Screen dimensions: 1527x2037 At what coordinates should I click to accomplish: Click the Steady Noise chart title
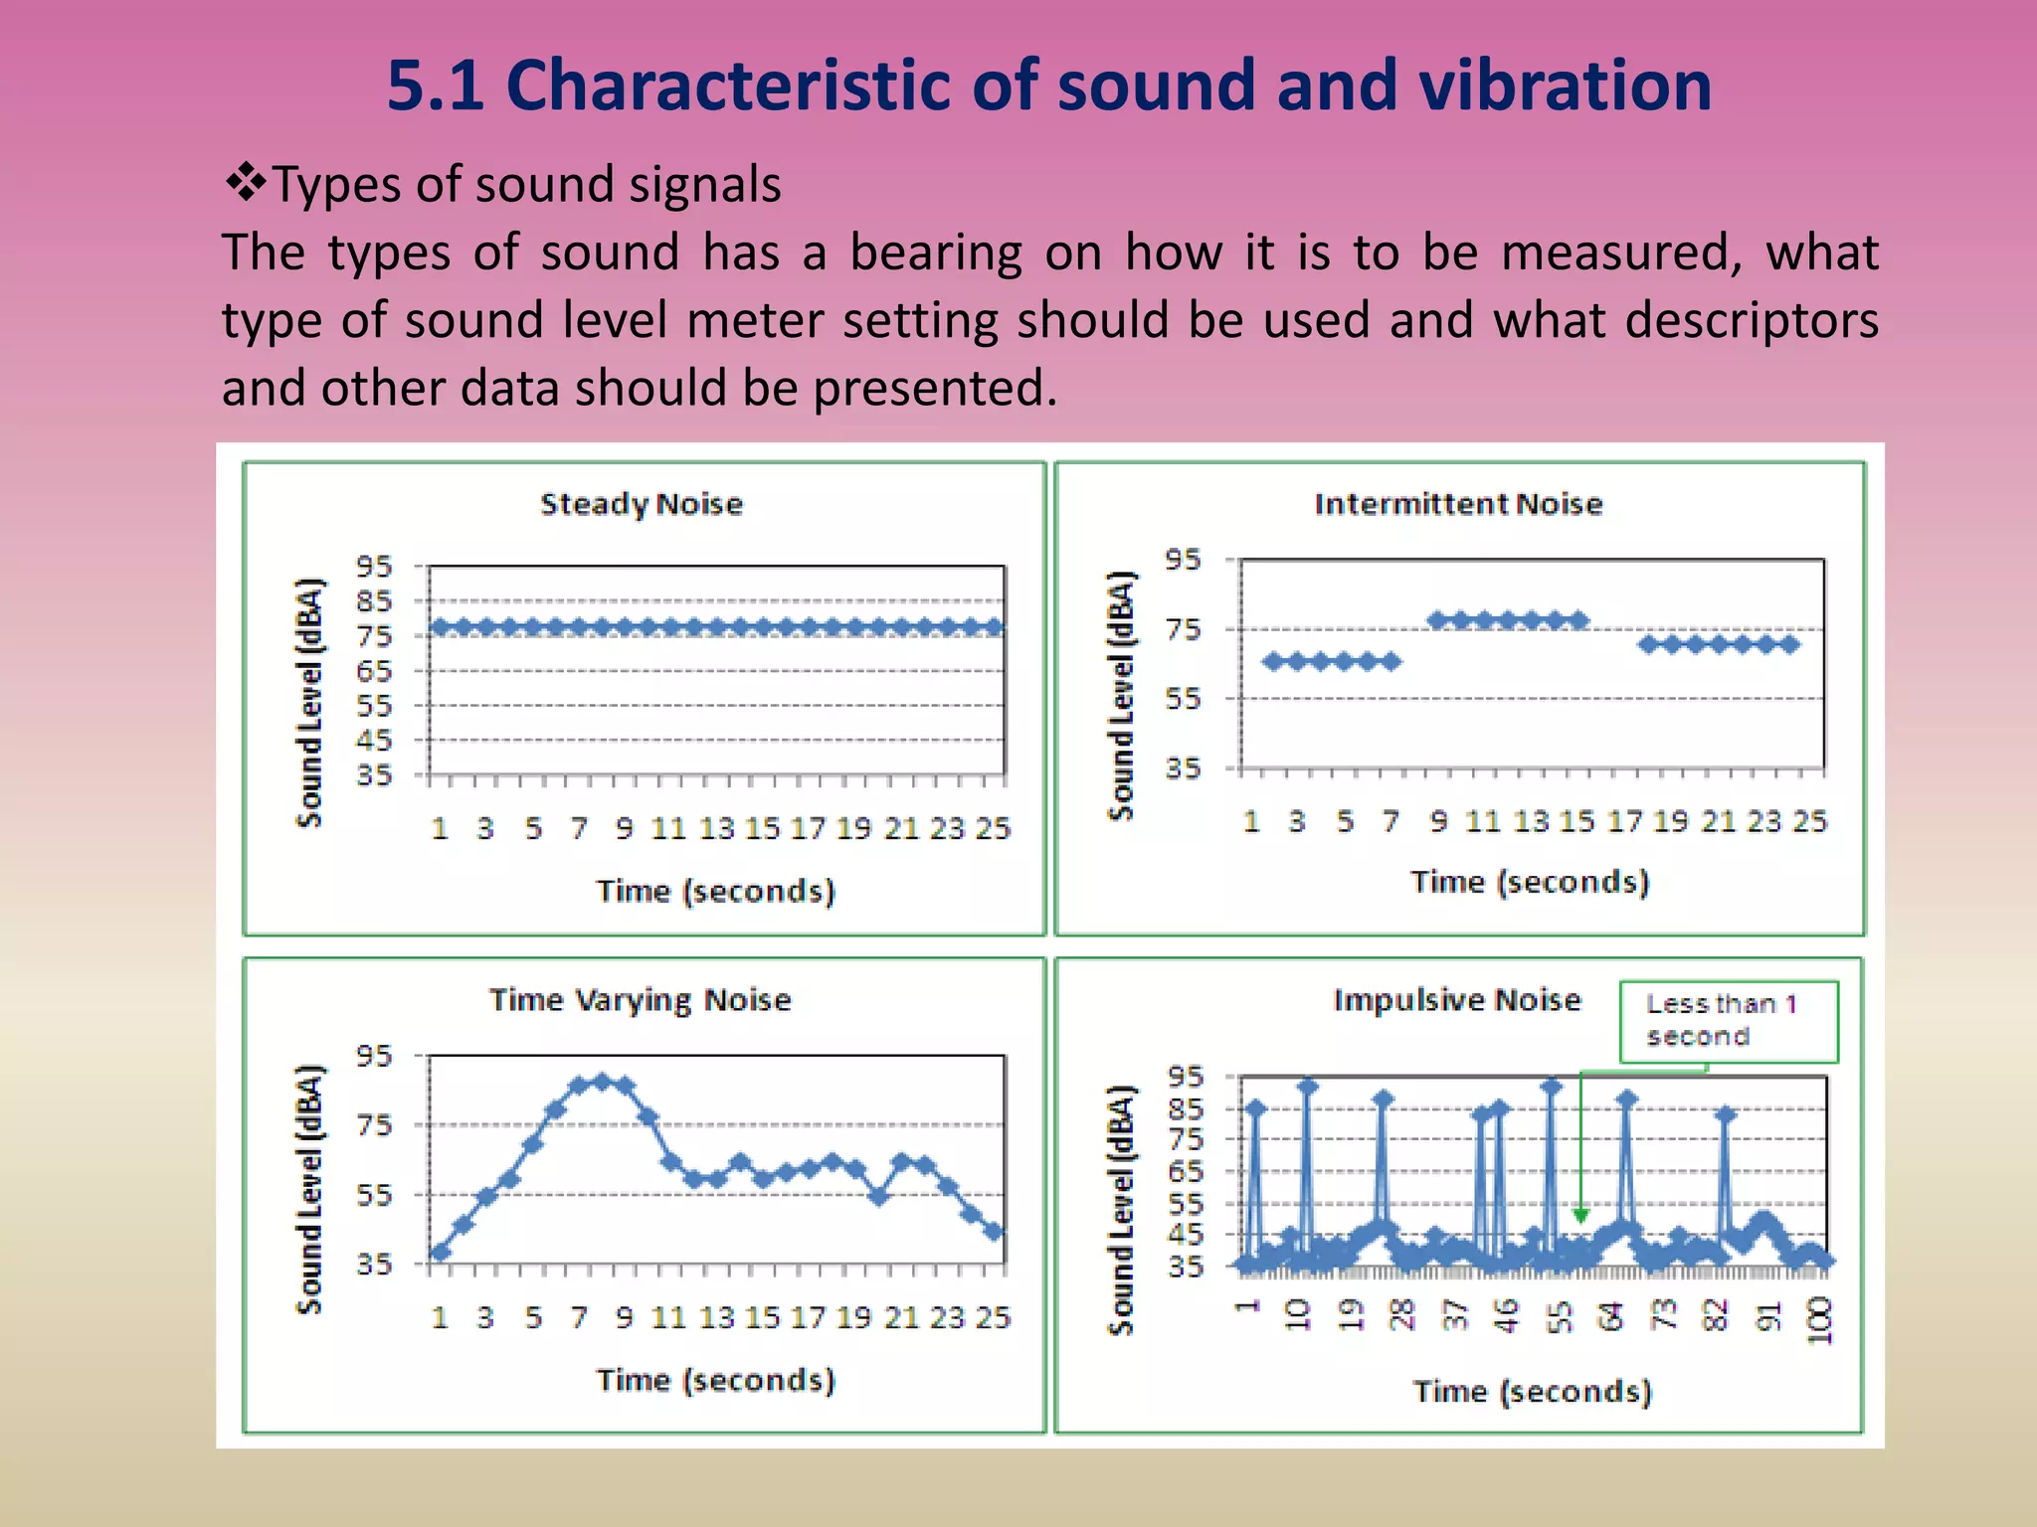[642, 504]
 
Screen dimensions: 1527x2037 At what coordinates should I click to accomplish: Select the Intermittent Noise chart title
[1458, 504]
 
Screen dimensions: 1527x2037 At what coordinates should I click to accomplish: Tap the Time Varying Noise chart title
[640, 999]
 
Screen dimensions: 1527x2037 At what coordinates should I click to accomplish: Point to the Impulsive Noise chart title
[1456, 999]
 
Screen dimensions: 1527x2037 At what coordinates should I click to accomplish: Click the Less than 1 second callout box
[1728, 1021]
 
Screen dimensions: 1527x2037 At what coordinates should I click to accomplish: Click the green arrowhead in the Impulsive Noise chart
[1580, 1215]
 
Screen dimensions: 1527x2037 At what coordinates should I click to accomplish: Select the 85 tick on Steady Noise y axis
[375, 600]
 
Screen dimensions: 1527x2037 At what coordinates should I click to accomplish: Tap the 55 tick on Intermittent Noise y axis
[1183, 699]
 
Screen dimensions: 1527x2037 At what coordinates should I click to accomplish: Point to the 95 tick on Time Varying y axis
[375, 1055]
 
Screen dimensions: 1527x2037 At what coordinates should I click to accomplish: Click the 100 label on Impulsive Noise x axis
[1819, 1319]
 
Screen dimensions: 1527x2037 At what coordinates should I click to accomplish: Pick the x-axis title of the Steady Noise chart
[715, 891]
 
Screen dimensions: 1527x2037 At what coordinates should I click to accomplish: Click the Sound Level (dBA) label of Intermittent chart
[1121, 696]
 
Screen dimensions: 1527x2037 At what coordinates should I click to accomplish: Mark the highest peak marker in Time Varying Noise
[602, 1082]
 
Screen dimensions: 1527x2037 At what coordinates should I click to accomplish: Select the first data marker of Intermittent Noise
[1273, 661]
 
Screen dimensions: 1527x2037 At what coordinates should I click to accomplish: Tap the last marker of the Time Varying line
[994, 1232]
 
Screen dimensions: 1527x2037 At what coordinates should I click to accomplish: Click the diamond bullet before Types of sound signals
[245, 183]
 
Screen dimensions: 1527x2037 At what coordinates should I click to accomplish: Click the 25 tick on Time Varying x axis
[993, 1317]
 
